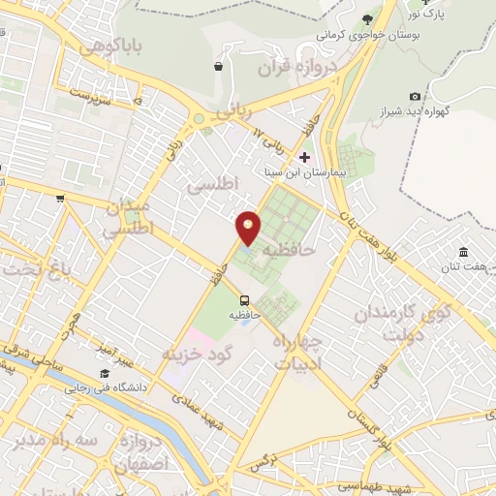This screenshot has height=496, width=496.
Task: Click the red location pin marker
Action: (x=248, y=227)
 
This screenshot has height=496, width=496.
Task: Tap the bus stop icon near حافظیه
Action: (x=244, y=300)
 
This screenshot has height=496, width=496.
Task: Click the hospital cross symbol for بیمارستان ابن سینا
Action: (x=305, y=157)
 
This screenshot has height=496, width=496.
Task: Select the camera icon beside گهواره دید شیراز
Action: (x=415, y=96)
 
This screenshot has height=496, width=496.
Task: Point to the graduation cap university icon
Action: (x=104, y=374)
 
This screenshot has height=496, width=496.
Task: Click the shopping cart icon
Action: (x=60, y=198)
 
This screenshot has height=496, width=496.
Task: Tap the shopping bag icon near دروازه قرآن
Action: (x=218, y=67)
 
